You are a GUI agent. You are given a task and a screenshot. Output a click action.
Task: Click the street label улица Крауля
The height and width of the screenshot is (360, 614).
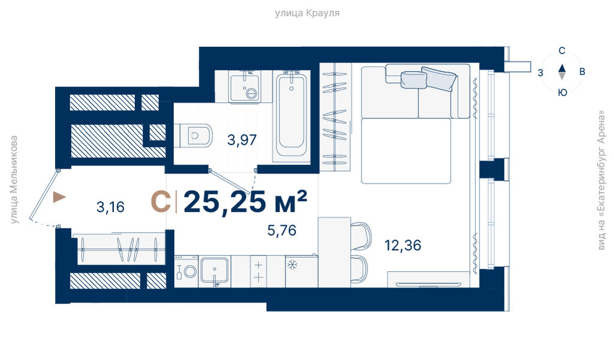[x=307, y=13]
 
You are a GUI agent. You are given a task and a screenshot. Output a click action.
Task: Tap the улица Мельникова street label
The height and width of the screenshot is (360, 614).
[x=14, y=180]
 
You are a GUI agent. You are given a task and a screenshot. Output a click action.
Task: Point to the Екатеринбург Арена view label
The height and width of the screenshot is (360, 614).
[x=601, y=180]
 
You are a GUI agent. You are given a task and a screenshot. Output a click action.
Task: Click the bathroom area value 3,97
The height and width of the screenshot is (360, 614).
[x=242, y=140]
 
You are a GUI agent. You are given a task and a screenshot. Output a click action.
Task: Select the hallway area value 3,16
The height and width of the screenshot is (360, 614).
[x=110, y=207]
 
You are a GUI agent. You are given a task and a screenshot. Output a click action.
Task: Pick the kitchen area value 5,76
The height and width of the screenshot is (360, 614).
[x=282, y=230]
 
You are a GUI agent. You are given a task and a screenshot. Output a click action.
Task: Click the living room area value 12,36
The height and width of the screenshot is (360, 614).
[x=402, y=245]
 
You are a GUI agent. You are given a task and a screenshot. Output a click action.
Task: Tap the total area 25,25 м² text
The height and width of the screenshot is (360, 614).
[x=245, y=202]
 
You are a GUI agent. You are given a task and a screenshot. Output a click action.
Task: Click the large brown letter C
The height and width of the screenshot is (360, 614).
[x=161, y=202]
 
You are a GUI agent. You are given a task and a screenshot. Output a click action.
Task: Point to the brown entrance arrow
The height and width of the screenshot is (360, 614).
[x=59, y=197]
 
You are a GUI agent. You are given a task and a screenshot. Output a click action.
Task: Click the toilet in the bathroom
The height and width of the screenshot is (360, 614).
[x=192, y=136]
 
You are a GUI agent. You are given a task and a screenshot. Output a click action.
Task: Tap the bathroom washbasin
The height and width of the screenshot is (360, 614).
[x=245, y=89]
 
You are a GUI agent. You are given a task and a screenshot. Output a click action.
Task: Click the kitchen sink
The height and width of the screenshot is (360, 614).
[x=214, y=271]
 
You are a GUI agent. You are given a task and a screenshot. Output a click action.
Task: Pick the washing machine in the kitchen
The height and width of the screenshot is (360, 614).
[x=186, y=271]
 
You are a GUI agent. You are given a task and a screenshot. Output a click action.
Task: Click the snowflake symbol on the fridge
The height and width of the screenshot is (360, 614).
[x=293, y=265]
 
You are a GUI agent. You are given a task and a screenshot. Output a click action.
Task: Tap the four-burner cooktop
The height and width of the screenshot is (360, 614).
[x=258, y=271]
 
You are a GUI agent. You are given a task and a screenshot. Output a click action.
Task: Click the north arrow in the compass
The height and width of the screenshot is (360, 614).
[x=562, y=67]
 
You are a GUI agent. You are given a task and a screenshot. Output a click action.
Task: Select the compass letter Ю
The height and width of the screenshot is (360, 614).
[x=562, y=92]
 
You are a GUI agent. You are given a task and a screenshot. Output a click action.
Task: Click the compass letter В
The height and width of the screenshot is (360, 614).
[x=582, y=71]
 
